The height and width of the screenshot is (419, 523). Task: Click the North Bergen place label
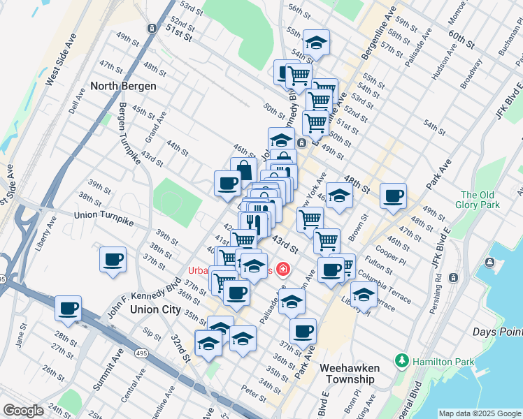(123, 86)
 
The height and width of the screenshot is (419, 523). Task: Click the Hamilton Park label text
(443, 362)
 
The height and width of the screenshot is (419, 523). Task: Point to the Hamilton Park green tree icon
(402, 361)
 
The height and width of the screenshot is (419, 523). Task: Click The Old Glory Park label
(480, 200)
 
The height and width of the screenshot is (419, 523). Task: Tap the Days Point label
(496, 331)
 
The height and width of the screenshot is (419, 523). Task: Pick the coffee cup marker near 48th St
(393, 196)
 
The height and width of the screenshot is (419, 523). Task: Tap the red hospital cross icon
(283, 269)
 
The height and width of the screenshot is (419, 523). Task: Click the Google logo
(23, 411)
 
